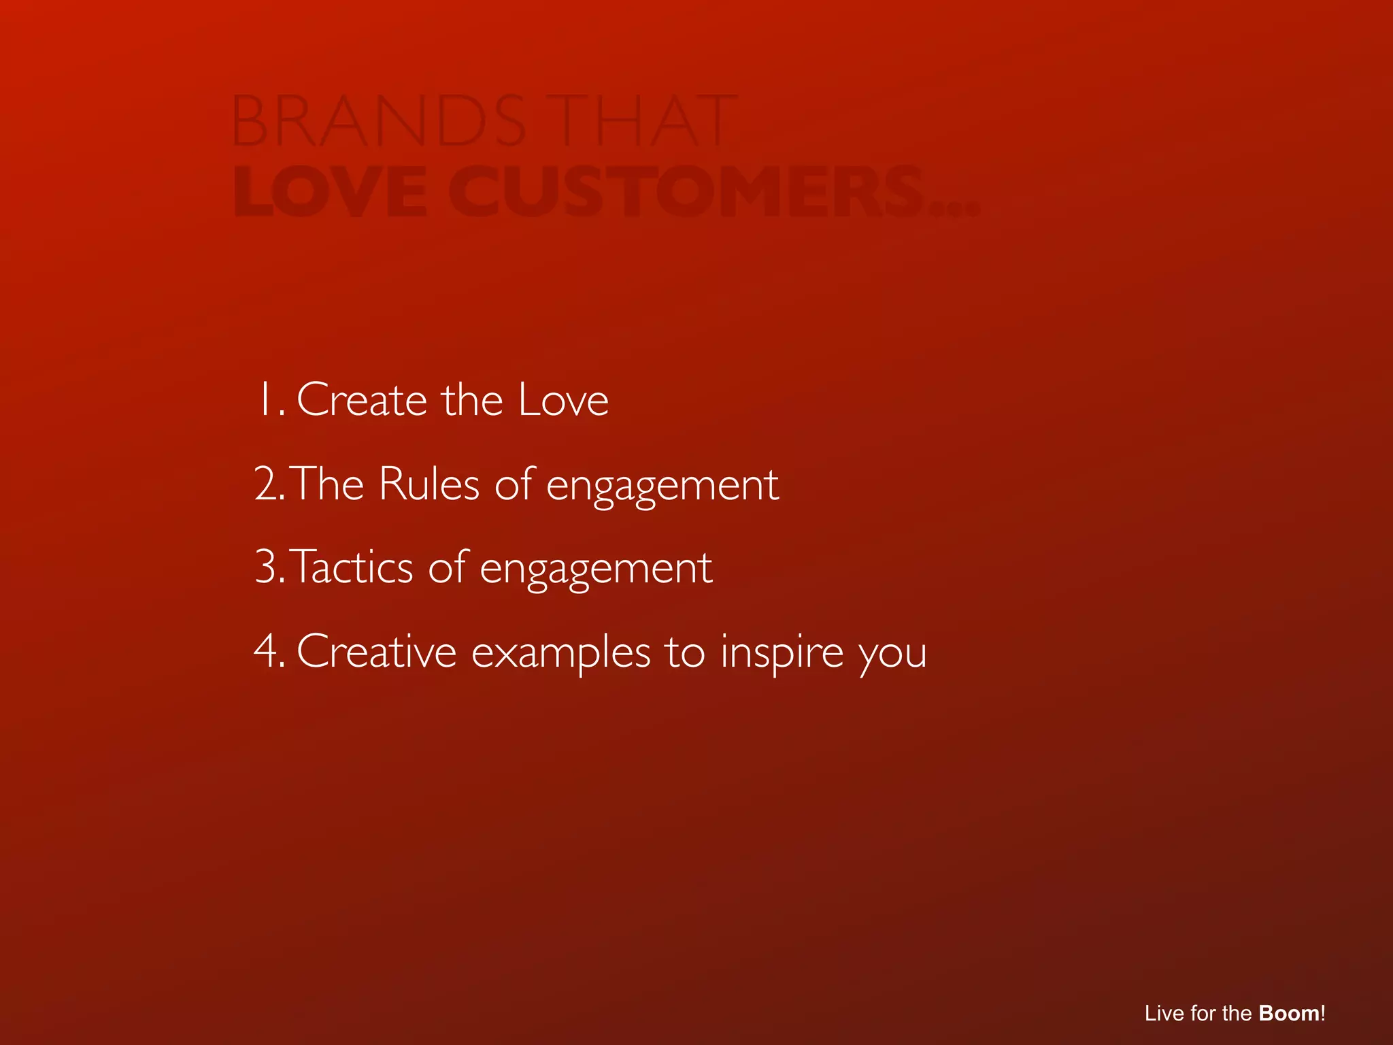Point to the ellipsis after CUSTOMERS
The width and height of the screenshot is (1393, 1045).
[955, 208]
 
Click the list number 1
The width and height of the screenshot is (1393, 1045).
[267, 400]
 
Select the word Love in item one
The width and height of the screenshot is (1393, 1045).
[563, 400]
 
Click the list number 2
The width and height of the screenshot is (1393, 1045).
[269, 484]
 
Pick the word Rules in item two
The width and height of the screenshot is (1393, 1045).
[429, 484]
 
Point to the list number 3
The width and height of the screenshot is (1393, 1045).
[269, 568]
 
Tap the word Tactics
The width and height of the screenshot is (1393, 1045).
[352, 568]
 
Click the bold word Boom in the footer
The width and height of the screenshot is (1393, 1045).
[1288, 1013]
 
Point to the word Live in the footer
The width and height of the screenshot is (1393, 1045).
[1164, 1013]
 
